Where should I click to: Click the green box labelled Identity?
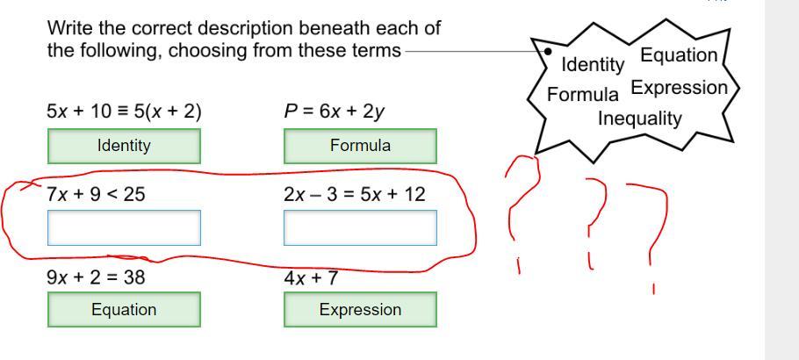[x=124, y=146]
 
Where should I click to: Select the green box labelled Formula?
[x=360, y=146]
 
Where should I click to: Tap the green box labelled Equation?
[x=124, y=309]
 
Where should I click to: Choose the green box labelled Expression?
[x=360, y=309]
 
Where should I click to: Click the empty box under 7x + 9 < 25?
[x=124, y=227]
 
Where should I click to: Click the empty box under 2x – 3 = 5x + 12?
[x=360, y=227]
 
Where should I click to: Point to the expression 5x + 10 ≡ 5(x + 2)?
[x=124, y=112]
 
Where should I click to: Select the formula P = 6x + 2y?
[x=334, y=112]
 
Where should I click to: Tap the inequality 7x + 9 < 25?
[x=96, y=194]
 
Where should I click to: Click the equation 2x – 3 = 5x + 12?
[x=354, y=194]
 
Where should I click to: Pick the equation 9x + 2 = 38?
[x=96, y=277]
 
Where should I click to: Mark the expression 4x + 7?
[x=311, y=278]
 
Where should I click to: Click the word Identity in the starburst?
[x=593, y=64]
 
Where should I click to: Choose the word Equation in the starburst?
[x=679, y=55]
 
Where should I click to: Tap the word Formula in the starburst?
[x=582, y=94]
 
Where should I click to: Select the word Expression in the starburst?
[x=679, y=88]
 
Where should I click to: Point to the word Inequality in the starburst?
[x=640, y=119]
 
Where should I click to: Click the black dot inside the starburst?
[x=548, y=51]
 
